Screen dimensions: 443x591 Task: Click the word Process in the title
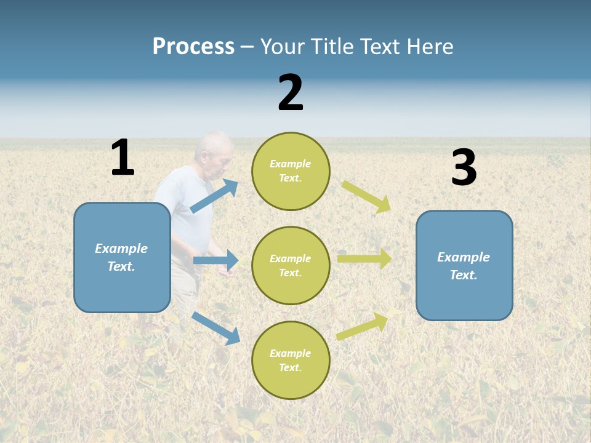point(193,47)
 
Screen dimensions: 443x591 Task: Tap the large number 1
point(123,158)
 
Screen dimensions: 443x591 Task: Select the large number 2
point(291,93)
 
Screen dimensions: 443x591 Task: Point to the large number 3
point(464,167)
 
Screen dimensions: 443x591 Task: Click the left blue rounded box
point(122,257)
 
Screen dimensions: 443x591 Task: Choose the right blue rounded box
point(464,265)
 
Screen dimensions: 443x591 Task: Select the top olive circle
point(291,171)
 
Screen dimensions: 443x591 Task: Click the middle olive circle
point(291,265)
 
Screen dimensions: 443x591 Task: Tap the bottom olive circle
point(291,360)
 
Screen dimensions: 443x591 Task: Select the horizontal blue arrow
point(216,260)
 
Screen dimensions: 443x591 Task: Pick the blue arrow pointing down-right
point(216,327)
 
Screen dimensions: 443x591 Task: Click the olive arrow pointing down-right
point(367,197)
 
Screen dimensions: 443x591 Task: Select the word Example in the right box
point(464,257)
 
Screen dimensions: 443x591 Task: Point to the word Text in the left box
point(121,266)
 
